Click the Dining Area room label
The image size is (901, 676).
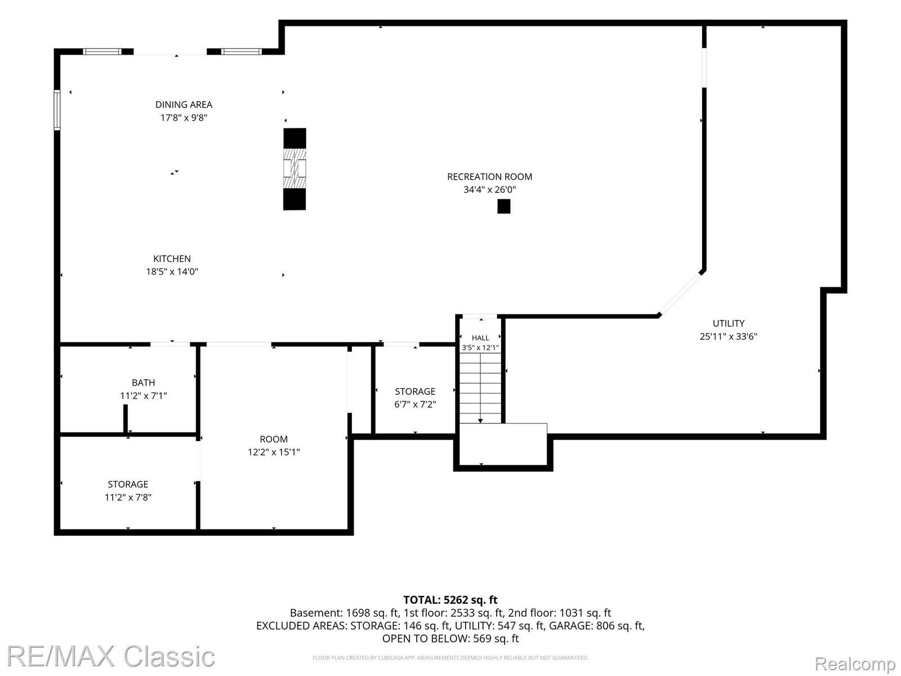(x=184, y=105)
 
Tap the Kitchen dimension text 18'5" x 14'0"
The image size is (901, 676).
(x=172, y=272)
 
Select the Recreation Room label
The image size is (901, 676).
(x=489, y=177)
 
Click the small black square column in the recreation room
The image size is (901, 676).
(x=503, y=206)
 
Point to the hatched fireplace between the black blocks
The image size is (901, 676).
(x=295, y=168)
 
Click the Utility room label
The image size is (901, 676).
(x=728, y=323)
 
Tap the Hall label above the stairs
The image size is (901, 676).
(x=480, y=338)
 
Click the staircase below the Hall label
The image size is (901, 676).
(x=480, y=388)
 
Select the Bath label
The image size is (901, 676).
(x=143, y=383)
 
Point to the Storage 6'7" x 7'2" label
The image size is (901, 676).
(x=415, y=398)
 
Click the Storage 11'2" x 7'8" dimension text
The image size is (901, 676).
(x=128, y=497)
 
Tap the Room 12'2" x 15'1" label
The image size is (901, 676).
(x=274, y=446)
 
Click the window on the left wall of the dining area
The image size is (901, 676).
(x=57, y=110)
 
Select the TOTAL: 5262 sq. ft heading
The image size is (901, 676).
(x=450, y=600)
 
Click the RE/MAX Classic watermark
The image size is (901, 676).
(x=111, y=656)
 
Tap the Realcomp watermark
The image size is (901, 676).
(x=855, y=664)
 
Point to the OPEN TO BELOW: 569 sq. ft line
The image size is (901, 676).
(x=450, y=639)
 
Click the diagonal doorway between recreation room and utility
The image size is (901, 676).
(x=680, y=293)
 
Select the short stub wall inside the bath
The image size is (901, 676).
(x=126, y=419)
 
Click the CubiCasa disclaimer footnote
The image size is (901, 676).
(x=450, y=658)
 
